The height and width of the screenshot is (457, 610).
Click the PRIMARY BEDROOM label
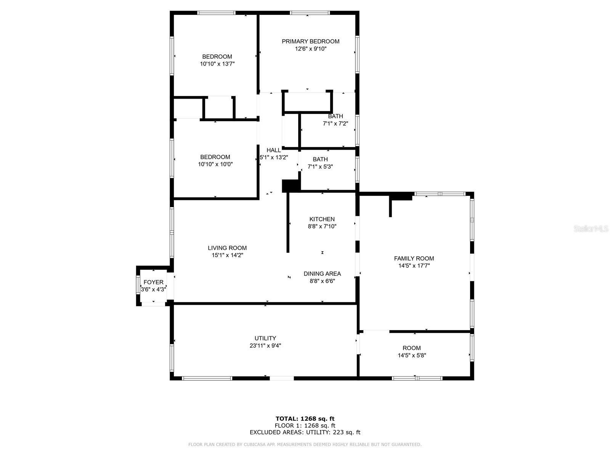tap(310, 41)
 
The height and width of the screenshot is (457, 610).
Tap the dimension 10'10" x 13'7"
tap(217, 64)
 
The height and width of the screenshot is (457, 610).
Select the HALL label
tap(274, 150)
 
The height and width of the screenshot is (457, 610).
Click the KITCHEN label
tap(322, 219)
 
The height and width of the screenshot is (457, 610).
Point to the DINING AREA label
tap(322, 273)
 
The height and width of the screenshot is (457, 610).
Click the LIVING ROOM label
tap(227, 248)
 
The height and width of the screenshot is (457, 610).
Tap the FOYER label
tap(153, 282)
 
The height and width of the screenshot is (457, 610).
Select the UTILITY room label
tap(265, 338)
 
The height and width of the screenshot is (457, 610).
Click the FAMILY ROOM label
tap(414, 258)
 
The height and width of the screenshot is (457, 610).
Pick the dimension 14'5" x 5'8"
tap(412, 355)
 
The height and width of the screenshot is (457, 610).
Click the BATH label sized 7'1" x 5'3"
tap(320, 159)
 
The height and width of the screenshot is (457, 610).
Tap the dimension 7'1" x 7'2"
tap(335, 123)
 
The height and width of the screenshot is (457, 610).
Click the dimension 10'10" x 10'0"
tap(215, 164)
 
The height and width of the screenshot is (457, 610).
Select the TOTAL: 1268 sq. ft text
tap(305, 419)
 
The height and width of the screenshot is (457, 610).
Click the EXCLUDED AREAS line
tap(305, 432)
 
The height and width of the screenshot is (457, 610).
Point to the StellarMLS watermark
tap(591, 229)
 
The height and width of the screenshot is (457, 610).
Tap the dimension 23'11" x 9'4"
tap(265, 345)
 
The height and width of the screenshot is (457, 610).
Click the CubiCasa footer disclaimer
tap(305, 444)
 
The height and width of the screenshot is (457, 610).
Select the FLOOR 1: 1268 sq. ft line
tap(305, 425)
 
